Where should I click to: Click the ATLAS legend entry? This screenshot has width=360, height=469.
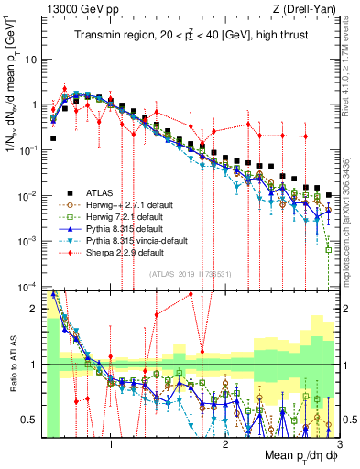(x=98, y=191)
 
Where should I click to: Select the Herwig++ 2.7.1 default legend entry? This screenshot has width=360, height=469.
(x=125, y=204)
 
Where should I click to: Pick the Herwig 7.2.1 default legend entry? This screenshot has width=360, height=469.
(x=122, y=216)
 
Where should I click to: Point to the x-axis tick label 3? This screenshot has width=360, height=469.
(x=339, y=440)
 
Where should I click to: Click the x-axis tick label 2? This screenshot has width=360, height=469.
(x=225, y=440)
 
